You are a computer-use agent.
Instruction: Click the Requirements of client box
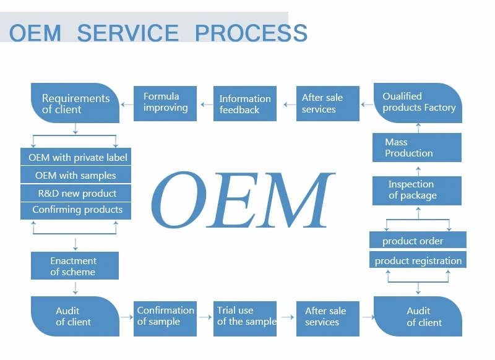(75, 103)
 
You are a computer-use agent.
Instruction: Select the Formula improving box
(165, 103)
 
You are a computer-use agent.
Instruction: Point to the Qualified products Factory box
(418, 103)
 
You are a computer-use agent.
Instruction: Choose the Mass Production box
(417, 148)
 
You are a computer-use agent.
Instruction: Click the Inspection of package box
(417, 190)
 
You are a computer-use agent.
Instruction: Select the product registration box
(418, 260)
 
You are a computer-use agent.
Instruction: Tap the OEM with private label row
(76, 158)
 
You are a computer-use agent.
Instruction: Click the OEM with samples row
(76, 176)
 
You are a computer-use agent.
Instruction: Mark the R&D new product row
(76, 193)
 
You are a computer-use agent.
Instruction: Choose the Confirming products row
(76, 210)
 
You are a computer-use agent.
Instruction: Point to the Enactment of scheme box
(74, 266)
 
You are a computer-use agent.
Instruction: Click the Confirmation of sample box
(165, 316)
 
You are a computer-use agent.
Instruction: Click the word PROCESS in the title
(251, 32)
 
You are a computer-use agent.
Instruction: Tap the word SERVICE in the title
(127, 32)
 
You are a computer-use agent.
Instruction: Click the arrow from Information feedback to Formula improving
(205, 104)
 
